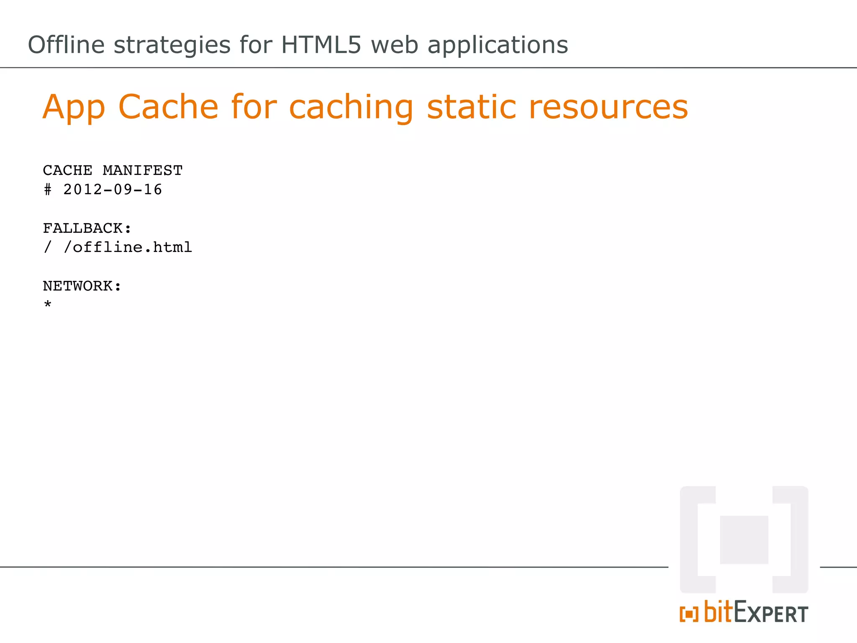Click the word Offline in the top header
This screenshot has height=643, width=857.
pyautogui.click(x=66, y=45)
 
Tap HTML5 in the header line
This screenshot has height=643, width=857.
pyautogui.click(x=321, y=45)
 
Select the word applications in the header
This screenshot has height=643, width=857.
pyautogui.click(x=498, y=46)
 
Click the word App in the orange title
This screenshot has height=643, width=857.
pyautogui.click(x=74, y=107)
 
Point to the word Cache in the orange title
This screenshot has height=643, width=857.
pyautogui.click(x=168, y=107)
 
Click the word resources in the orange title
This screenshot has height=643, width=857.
pyautogui.click(x=608, y=108)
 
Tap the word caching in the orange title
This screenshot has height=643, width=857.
pyautogui.click(x=351, y=108)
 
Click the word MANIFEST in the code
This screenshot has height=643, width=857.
pyautogui.click(x=143, y=171)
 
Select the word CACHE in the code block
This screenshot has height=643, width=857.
pyautogui.click(x=68, y=171)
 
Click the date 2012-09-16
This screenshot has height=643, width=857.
pyautogui.click(x=113, y=190)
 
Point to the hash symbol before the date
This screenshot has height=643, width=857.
pyautogui.click(x=48, y=190)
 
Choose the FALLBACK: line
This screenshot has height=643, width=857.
pyautogui.click(x=87, y=229)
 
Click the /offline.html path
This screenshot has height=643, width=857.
pyautogui.click(x=128, y=247)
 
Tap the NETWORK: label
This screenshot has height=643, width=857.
pyautogui.click(x=82, y=286)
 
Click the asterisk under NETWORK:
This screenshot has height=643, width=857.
pyautogui.click(x=48, y=304)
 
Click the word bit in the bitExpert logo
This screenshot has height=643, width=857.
pyautogui.click(x=718, y=612)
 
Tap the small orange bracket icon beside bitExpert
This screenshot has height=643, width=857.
pyautogui.click(x=689, y=615)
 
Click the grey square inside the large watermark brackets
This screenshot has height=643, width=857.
pyautogui.click(x=744, y=540)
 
